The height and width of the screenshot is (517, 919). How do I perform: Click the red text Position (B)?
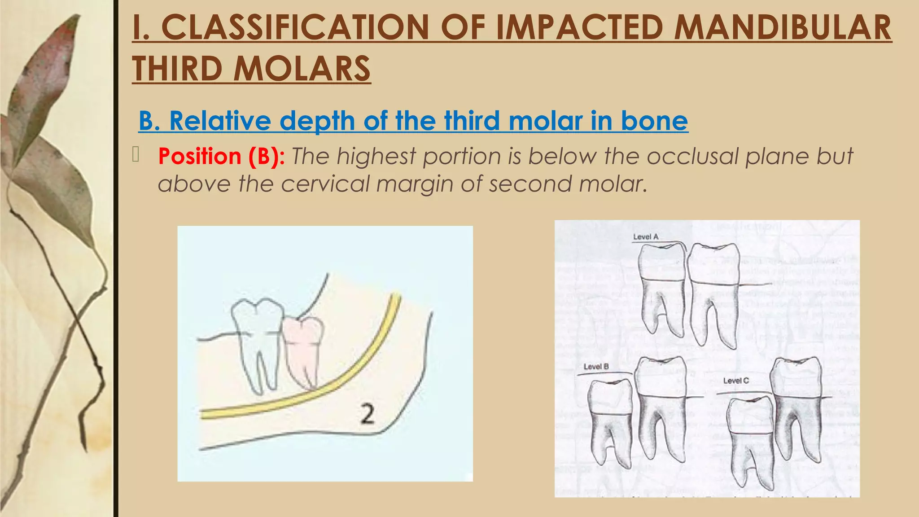coord(221,157)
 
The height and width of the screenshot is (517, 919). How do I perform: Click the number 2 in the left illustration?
coord(368,414)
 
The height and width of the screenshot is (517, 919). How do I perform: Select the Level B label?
coord(596,366)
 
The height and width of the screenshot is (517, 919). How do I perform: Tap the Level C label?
coord(736,381)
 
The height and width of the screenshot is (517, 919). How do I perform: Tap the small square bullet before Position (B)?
coord(136,154)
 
